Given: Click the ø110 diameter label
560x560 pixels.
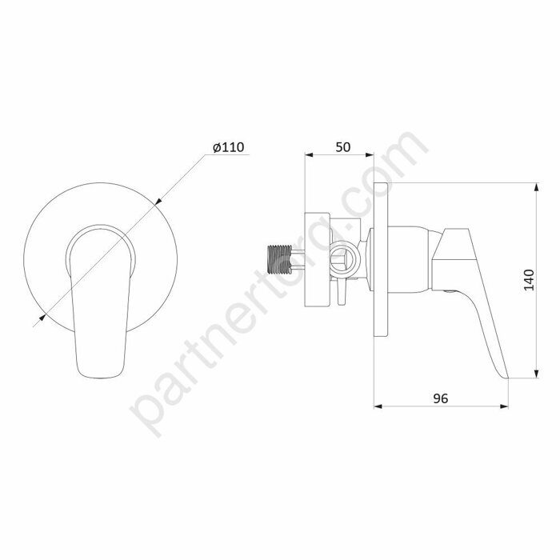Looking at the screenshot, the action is (x=229, y=147).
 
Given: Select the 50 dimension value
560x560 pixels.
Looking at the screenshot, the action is (x=343, y=147).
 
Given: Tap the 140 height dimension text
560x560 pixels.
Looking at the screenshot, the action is (x=529, y=280).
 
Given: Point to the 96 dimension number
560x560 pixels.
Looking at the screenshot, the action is (x=440, y=398).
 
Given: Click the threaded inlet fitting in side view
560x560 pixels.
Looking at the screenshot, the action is (x=280, y=259).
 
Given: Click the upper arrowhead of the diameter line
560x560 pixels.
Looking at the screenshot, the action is (x=159, y=201).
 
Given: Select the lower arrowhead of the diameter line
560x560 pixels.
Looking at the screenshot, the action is (x=42, y=317).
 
